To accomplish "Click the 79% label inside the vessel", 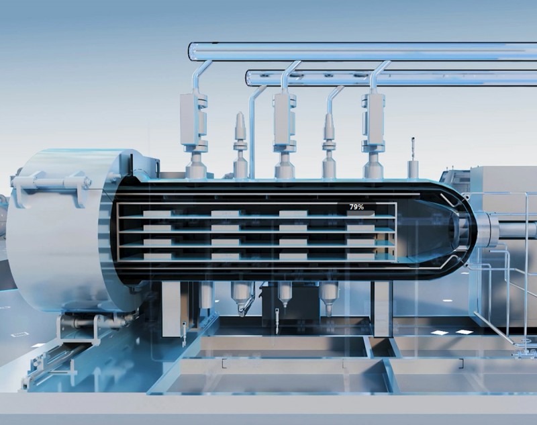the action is click(356, 207).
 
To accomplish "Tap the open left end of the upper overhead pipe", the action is click(193, 52).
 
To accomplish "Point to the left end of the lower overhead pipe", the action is click(248, 78).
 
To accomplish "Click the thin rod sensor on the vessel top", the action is click(413, 158).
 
